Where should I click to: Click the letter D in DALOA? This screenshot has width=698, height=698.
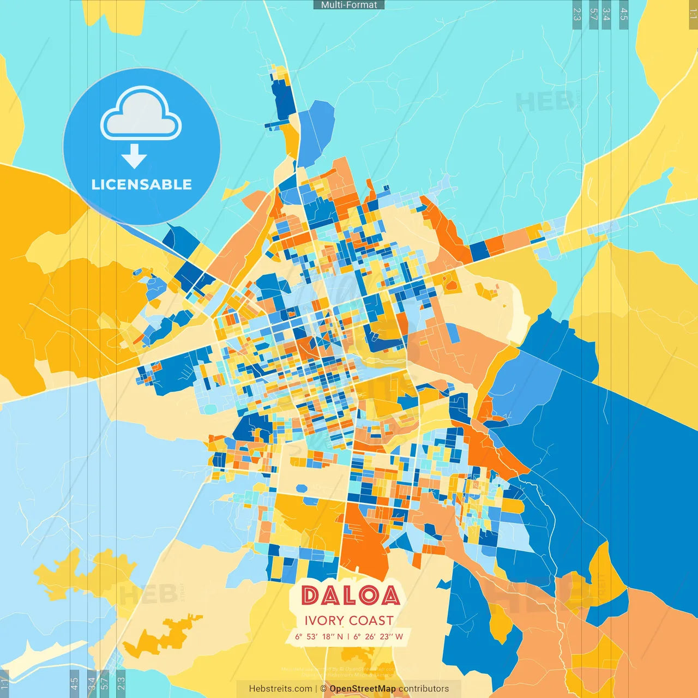pyautogui.click(x=311, y=595)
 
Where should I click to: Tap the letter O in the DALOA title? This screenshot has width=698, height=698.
pyautogui.click(x=369, y=595)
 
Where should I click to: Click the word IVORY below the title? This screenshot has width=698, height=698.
pyautogui.click(x=324, y=621)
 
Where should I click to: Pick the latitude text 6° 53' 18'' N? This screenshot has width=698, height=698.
pyautogui.click(x=319, y=636)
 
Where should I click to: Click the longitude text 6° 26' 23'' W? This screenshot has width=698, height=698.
pyautogui.click(x=378, y=636)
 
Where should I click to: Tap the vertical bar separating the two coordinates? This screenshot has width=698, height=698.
pyautogui.click(x=348, y=636)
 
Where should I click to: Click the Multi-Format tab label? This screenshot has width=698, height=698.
pyautogui.click(x=349, y=5)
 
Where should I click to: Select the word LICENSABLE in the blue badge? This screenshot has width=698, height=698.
pyautogui.click(x=142, y=184)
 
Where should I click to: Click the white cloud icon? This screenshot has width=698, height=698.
pyautogui.click(x=141, y=114)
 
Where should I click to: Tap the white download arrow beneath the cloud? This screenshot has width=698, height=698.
pyautogui.click(x=134, y=157)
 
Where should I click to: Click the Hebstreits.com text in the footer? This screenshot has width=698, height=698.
pyautogui.click(x=280, y=689)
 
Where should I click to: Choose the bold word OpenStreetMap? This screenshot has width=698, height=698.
pyautogui.click(x=363, y=689)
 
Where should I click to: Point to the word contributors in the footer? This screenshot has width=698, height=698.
pyautogui.click(x=424, y=689)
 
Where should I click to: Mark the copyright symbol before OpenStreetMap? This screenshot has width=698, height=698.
pyautogui.click(x=323, y=689)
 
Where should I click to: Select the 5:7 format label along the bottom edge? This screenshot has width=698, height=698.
pyautogui.click(x=104, y=683)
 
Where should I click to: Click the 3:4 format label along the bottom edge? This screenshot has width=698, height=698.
pyautogui.click(x=92, y=683)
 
